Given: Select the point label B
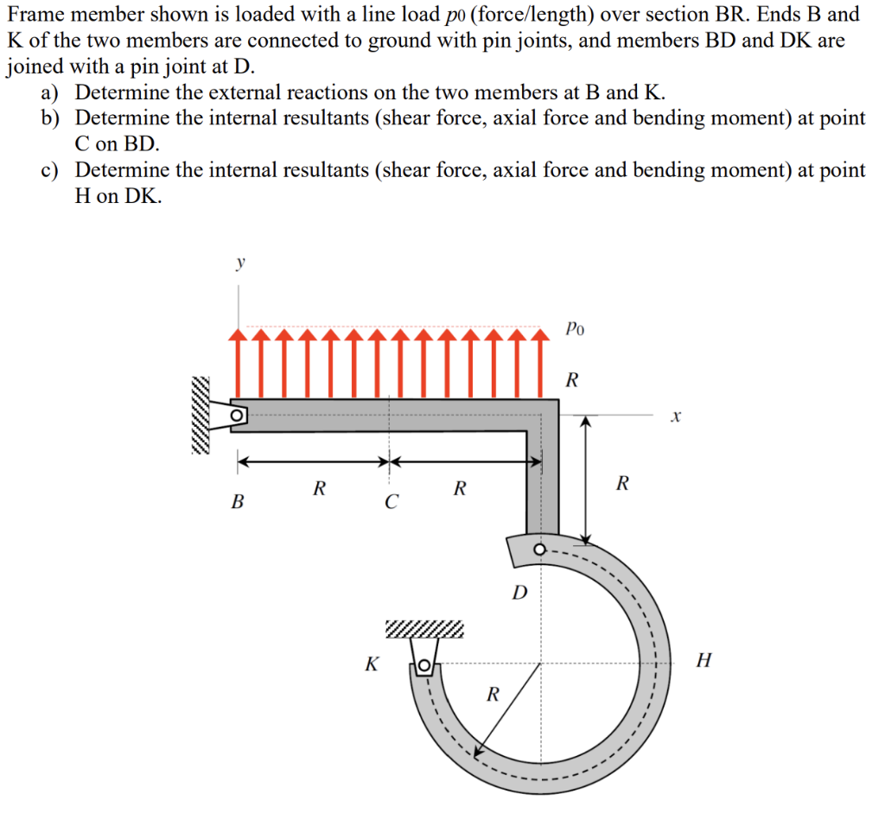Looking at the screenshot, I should click(236, 500).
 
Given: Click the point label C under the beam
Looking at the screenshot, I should click(391, 501).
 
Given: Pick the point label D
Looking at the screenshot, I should click(519, 593).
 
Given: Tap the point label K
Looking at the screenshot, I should click(372, 664).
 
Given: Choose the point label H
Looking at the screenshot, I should click(704, 662).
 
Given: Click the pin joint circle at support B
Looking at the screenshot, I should click(236, 416).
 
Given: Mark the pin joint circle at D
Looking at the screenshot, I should click(540, 549).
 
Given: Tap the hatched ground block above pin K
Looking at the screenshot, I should click(423, 627).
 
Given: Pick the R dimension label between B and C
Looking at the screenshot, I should click(319, 488).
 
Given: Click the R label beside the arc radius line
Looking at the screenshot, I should click(493, 693).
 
